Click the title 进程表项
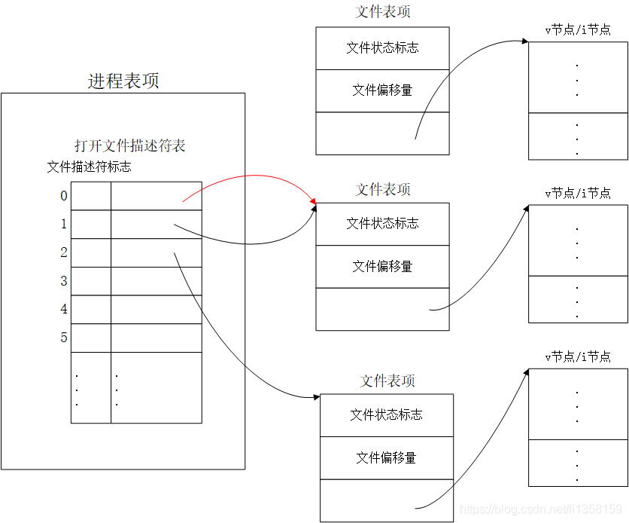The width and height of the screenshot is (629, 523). (123, 81)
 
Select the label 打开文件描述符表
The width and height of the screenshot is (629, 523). (129, 146)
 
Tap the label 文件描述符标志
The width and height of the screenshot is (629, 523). (89, 167)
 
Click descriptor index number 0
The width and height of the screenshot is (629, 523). (64, 196)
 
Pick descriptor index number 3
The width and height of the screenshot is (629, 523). (64, 281)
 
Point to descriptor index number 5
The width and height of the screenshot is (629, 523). (64, 338)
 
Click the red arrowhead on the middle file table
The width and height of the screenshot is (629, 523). (313, 203)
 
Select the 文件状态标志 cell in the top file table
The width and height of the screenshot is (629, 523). (382, 48)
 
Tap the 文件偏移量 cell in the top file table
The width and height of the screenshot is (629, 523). (382, 90)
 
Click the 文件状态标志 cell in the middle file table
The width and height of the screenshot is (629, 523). (382, 224)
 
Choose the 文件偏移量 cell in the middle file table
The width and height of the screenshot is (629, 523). (382, 267)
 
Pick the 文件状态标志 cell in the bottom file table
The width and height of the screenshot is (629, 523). (387, 415)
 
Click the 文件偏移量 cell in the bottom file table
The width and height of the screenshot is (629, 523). (387, 458)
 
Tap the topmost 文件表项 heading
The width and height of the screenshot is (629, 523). (383, 12)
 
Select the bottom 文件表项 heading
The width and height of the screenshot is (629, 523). (387, 381)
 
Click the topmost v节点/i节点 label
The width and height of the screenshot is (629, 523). (578, 30)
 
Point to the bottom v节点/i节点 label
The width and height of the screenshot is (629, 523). (578, 357)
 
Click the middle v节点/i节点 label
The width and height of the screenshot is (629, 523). (578, 194)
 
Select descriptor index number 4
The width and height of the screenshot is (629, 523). (64, 309)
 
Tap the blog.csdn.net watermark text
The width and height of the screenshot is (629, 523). (542, 510)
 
